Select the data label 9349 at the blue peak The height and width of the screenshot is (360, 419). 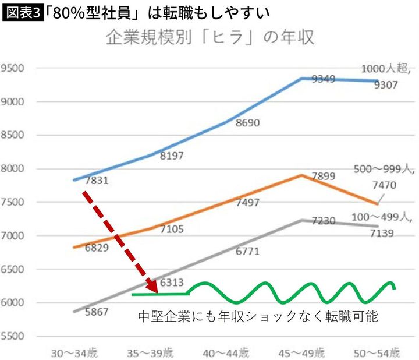point(324,79)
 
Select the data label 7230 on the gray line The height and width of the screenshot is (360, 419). point(324,221)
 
